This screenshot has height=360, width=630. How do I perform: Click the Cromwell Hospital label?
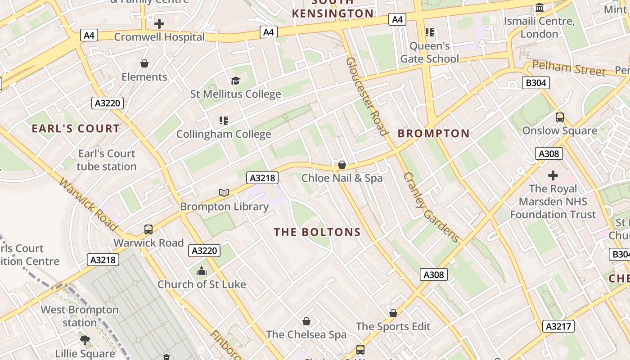click(159, 37)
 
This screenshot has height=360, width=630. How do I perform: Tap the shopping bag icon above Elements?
click(144, 63)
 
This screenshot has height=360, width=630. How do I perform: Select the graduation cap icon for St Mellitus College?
click(235, 81)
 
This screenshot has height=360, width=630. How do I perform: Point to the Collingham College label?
click(224, 134)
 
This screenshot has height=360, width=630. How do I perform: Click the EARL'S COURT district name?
click(76, 129)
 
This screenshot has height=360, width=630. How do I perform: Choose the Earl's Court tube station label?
click(107, 160)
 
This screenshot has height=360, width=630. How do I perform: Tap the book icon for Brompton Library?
click(224, 193)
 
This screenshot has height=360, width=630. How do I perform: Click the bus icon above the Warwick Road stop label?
click(148, 229)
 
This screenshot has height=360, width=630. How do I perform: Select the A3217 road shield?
click(558, 326)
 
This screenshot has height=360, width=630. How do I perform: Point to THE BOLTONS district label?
click(317, 232)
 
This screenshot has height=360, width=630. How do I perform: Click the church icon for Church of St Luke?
click(202, 271)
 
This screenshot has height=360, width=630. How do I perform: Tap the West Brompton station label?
click(80, 316)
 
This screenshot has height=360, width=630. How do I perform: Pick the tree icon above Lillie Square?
click(85, 340)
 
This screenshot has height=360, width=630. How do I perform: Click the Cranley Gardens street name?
click(431, 207)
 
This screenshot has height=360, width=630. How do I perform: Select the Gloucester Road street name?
click(367, 96)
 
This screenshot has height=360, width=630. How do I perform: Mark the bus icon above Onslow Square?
click(560, 117)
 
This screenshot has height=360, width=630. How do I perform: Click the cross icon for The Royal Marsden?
click(553, 175)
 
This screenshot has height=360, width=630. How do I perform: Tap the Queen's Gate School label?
click(430, 53)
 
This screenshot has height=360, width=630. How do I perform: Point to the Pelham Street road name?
click(569, 68)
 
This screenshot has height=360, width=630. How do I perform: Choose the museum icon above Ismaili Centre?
click(540, 8)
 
